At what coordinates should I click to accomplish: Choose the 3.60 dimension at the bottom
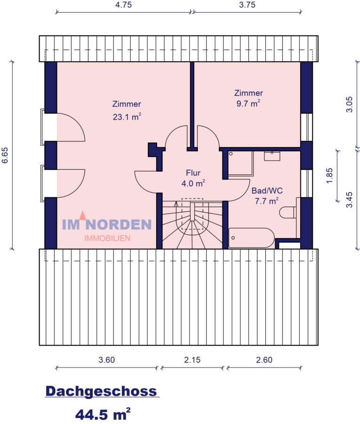tap(106, 360)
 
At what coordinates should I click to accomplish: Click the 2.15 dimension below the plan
tap(192, 360)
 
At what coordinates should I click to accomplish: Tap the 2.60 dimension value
tap(264, 360)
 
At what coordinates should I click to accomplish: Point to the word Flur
tap(193, 172)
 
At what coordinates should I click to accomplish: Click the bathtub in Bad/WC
tap(251, 238)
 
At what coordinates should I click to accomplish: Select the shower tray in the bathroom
tap(240, 163)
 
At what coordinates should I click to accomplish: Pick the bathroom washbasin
tap(272, 155)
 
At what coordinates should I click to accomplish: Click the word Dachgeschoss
tap(101, 391)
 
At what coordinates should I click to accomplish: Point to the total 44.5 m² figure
tap(102, 414)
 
